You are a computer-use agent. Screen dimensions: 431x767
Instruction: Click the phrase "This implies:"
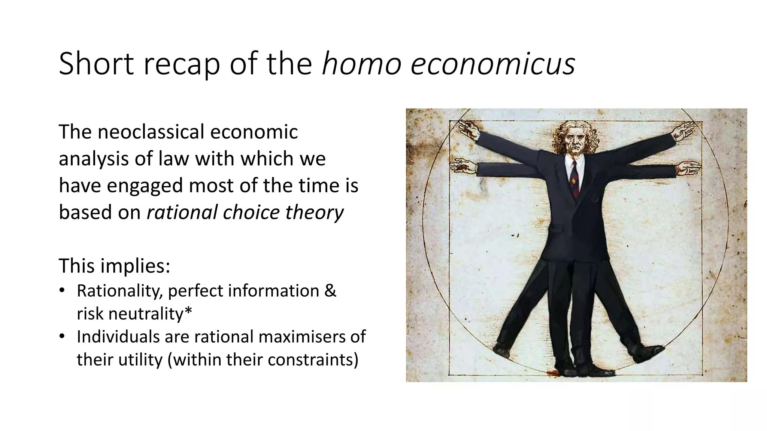point(115,266)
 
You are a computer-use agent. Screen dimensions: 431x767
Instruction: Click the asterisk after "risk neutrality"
point(188,311)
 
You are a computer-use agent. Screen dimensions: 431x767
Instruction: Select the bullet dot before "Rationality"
point(62,291)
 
